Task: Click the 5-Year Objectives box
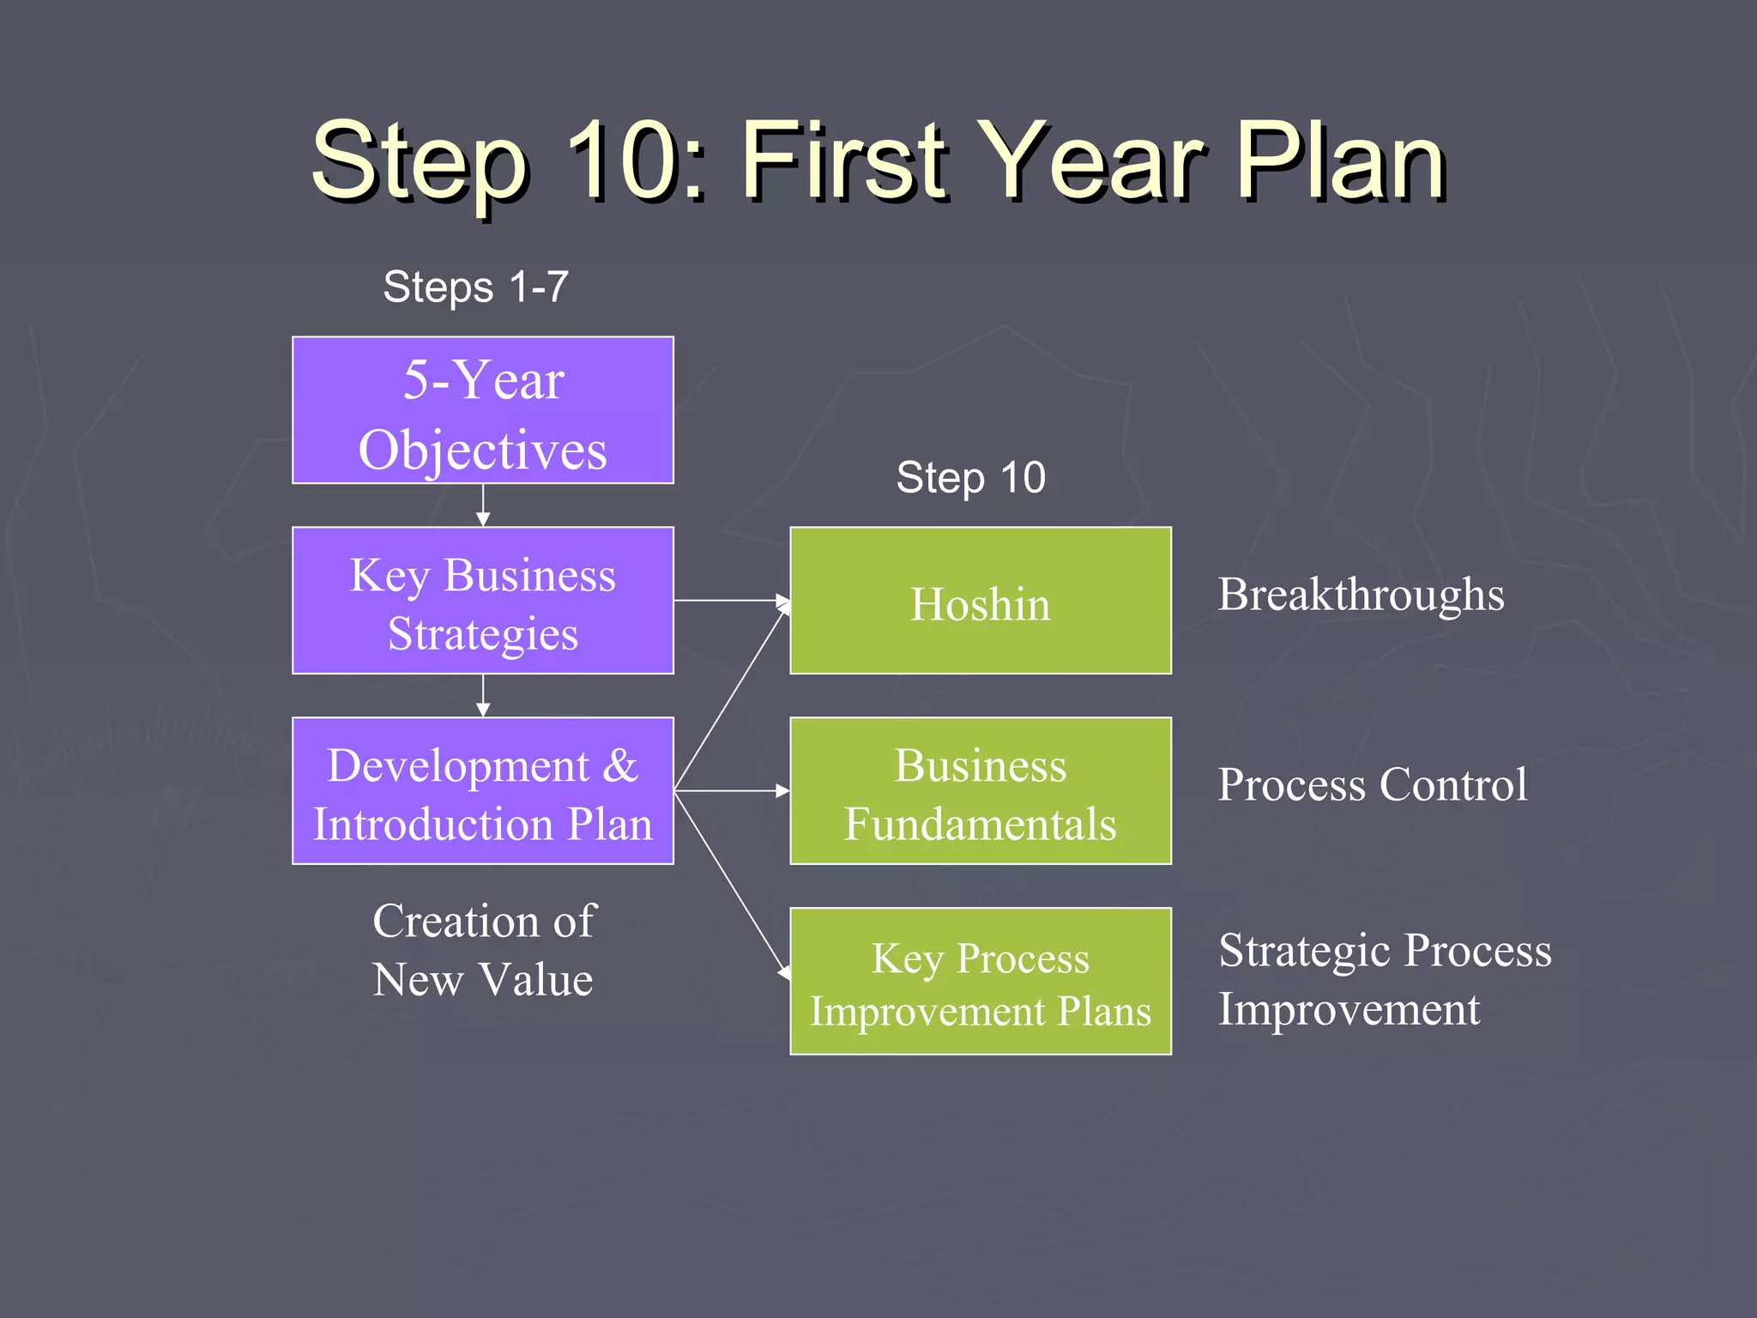[x=482, y=410]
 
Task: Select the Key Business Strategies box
[x=482, y=601]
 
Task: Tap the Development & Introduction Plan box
[x=482, y=790]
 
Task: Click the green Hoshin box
[x=980, y=601]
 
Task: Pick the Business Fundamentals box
[x=980, y=790]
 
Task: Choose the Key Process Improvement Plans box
[x=980, y=981]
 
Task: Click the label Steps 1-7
[x=475, y=287]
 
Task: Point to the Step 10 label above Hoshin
[x=970, y=477]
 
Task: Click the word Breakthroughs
[x=1361, y=595]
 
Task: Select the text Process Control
[x=1372, y=784]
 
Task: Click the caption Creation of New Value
[x=483, y=950]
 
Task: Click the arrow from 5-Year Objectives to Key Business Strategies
[x=483, y=505]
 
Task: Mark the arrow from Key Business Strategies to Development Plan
[x=483, y=696]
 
